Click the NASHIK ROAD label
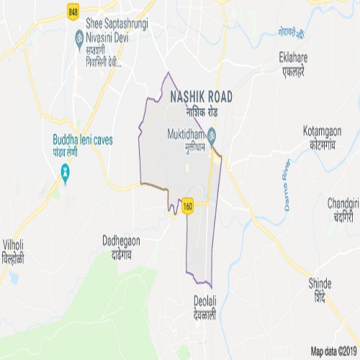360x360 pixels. (x=202, y=96)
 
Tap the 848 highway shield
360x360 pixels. (x=73, y=12)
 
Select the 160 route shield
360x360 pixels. (x=188, y=205)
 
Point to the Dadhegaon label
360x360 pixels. (x=121, y=241)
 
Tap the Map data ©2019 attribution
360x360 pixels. (x=333, y=352)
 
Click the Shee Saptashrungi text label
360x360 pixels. (x=114, y=24)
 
